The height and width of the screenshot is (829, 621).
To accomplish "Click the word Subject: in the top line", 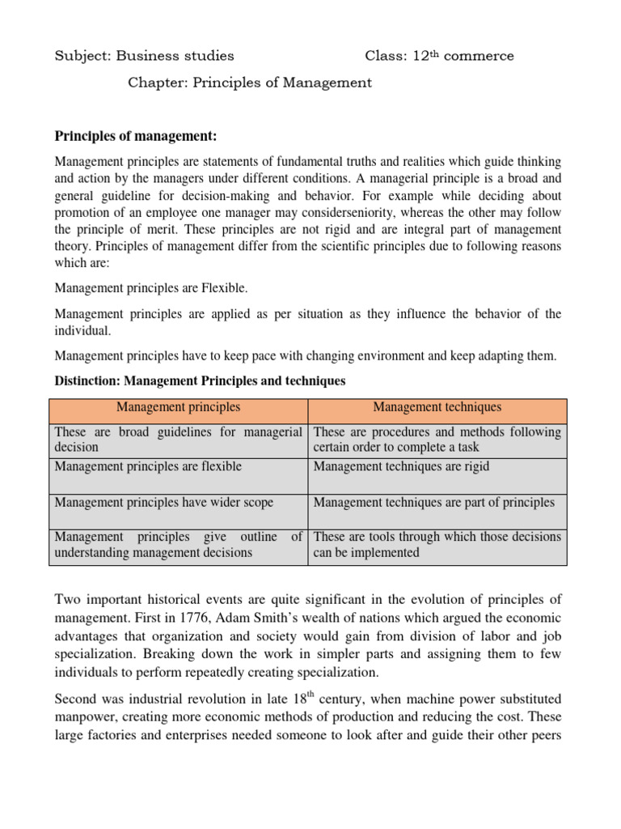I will click(82, 56).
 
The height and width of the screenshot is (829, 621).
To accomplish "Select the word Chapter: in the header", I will click(157, 83).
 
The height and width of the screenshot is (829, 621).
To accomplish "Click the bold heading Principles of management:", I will click(136, 135).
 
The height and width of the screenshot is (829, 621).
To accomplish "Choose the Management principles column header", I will click(179, 407).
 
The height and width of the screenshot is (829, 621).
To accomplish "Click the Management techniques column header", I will click(437, 407).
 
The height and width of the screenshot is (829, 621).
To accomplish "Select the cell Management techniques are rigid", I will click(401, 466).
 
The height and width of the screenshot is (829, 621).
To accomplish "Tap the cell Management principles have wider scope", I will click(164, 502).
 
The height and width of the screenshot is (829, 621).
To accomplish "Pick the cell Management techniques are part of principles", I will click(433, 502).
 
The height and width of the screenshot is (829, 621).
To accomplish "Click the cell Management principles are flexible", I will click(148, 466).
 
